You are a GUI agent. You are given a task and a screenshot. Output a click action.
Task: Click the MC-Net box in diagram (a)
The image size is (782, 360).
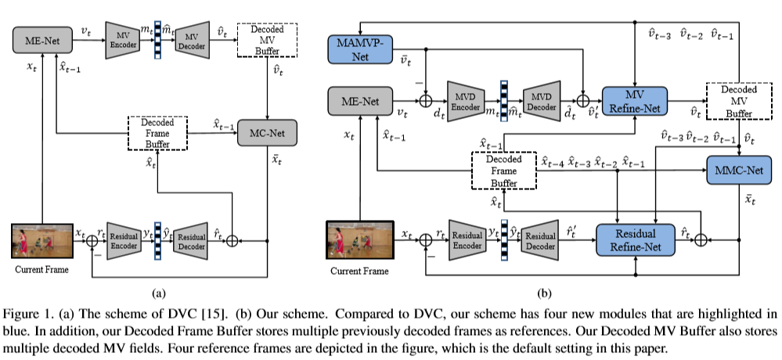point(268,132)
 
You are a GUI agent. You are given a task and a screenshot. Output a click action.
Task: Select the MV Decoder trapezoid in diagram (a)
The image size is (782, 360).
point(190,41)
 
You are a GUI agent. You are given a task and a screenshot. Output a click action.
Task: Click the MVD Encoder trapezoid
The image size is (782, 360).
point(467,100)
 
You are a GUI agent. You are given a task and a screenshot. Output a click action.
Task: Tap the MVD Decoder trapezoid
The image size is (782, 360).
point(541,100)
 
